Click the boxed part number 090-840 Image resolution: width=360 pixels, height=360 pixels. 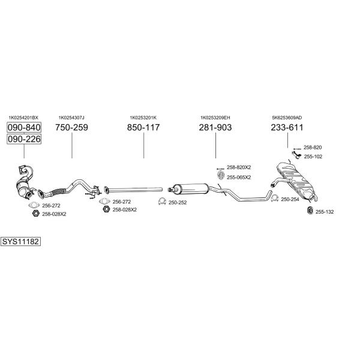click(24, 127)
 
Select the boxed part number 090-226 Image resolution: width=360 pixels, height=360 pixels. click(24, 139)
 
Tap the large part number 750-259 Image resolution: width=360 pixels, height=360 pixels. click(71, 127)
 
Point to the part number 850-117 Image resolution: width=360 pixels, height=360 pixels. click(143, 127)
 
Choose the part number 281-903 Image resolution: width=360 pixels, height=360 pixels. click(215, 127)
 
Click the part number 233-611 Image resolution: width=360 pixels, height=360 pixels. click(287, 127)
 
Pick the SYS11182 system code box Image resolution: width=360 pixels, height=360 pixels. click(20, 242)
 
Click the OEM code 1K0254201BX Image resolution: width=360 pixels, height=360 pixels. click(23, 118)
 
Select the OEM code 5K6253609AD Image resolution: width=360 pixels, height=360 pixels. click(287, 118)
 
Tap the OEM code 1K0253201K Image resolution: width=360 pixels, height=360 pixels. click(143, 118)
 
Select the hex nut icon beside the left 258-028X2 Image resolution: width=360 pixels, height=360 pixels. click(36, 214)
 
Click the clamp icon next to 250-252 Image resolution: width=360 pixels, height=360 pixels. click(163, 202)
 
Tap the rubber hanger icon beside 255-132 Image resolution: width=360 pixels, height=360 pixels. click(310, 211)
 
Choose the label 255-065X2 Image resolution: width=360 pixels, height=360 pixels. click(239, 178)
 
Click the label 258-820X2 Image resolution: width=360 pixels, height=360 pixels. click(239, 167)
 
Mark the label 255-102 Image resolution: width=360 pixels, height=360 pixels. click(313, 157)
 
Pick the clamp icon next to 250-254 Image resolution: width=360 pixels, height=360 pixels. click(275, 198)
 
